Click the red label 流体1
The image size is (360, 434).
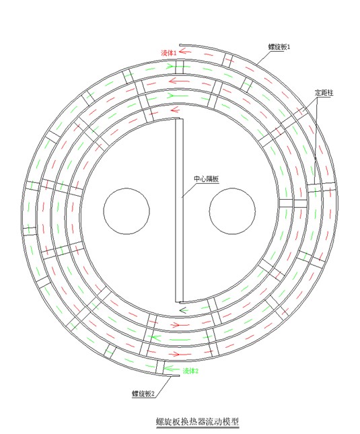coord(168,52)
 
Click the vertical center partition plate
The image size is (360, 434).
coord(179,209)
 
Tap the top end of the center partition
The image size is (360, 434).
coord(179,120)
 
